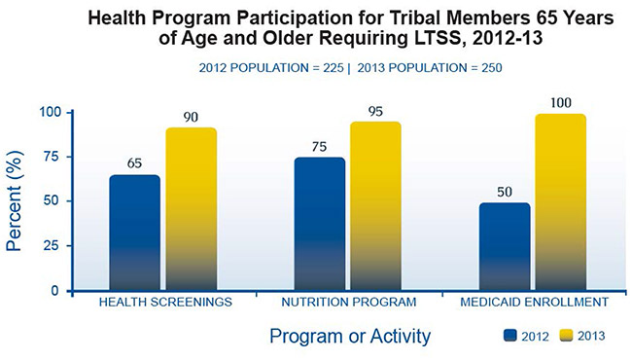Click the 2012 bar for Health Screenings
(134, 233)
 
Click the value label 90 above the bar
(191, 118)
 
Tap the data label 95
(375, 111)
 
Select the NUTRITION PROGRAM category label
(348, 303)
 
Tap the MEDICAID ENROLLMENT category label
(533, 303)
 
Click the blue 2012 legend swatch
(509, 337)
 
